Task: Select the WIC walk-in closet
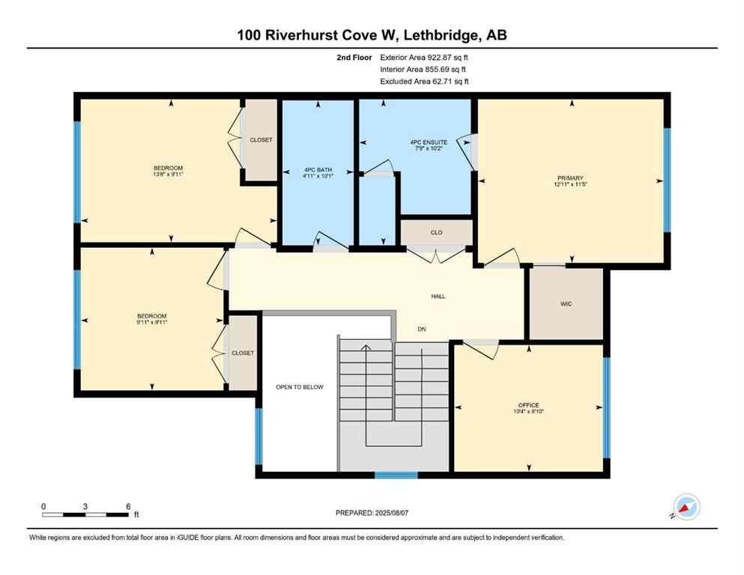click(566, 304)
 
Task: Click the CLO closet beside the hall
click(436, 233)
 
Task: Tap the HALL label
click(438, 296)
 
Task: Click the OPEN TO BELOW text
click(298, 387)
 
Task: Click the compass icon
click(686, 507)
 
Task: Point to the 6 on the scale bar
click(127, 506)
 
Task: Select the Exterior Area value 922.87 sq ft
click(448, 57)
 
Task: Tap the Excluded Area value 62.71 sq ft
click(448, 81)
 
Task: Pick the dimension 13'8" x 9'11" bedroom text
click(169, 174)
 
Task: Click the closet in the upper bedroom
click(261, 140)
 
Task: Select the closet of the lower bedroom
click(242, 353)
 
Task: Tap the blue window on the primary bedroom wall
click(667, 180)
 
